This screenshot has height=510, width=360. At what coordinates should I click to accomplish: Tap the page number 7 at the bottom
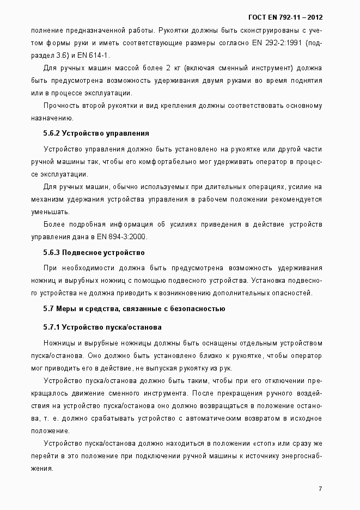click(x=320, y=488)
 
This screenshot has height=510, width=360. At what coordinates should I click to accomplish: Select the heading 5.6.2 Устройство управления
click(x=96, y=133)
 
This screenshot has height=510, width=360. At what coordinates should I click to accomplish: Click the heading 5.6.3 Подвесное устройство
click(x=93, y=252)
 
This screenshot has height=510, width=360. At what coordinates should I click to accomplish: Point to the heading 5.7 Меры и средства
click(x=134, y=309)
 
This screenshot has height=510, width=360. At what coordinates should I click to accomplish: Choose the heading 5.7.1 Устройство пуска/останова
click(x=102, y=327)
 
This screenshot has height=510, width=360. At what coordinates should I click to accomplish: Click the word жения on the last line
click(x=41, y=469)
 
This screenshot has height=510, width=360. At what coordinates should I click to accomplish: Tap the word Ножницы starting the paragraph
click(x=59, y=343)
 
